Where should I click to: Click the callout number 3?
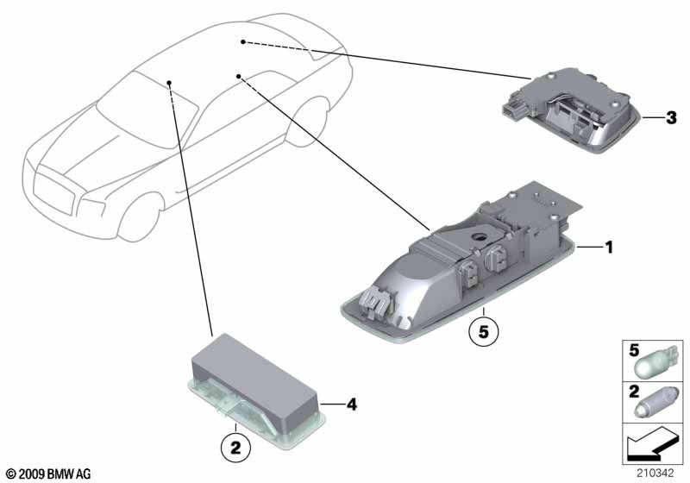pos(671,118)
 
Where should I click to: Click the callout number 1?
pos(609,248)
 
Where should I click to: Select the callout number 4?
pos(352,405)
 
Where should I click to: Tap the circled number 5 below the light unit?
pos(484,332)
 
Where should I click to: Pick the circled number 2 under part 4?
pos(235,448)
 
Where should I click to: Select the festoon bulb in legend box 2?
pos(656,404)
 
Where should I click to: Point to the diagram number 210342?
pos(655,474)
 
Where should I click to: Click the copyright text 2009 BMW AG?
pos(49,474)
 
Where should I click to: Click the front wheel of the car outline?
pos(139,217)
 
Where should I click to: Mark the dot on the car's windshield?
pos(169,83)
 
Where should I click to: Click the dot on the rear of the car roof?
pos(243,41)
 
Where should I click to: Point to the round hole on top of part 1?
pos(479,236)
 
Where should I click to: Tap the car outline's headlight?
pos(93,208)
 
